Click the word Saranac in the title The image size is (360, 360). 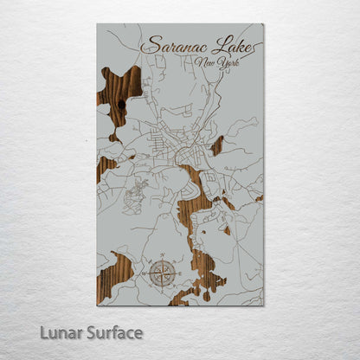click(171, 46)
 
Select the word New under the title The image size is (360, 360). click(205, 63)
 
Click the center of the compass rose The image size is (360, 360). click(160, 275)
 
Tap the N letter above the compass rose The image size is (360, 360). click(160, 257)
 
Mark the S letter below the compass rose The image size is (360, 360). click(160, 292)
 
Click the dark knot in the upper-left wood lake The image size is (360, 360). click(120, 104)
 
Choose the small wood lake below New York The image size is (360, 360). click(217, 145)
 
